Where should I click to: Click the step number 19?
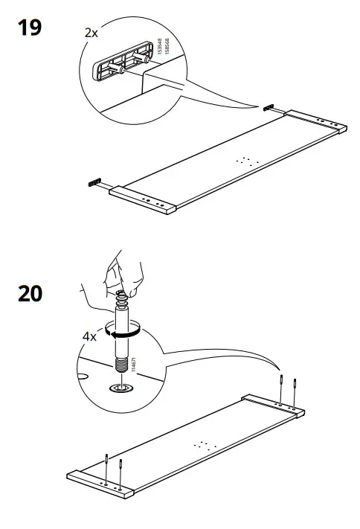click(x=29, y=29)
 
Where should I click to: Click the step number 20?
click(x=30, y=293)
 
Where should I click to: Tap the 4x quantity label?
click(x=89, y=336)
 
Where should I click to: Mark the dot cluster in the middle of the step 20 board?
click(x=202, y=444)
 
